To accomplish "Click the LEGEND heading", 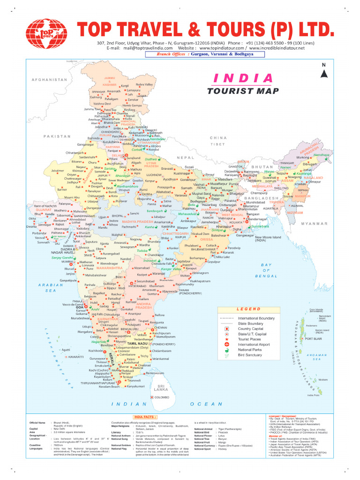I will [248, 309].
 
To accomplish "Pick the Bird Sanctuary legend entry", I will [250, 355].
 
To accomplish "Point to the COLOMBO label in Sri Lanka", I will [161, 397].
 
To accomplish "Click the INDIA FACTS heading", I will [146, 416].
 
